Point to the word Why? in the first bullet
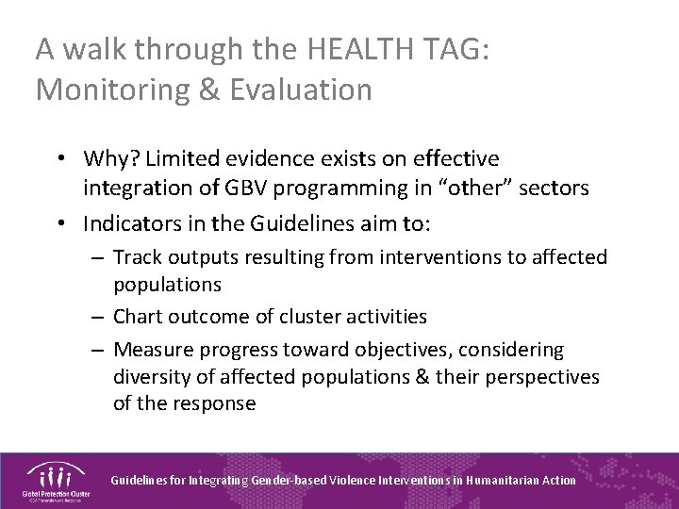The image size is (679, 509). coord(109,158)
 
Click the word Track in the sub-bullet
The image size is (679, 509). coord(139,256)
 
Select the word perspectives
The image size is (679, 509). coord(545,377)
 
